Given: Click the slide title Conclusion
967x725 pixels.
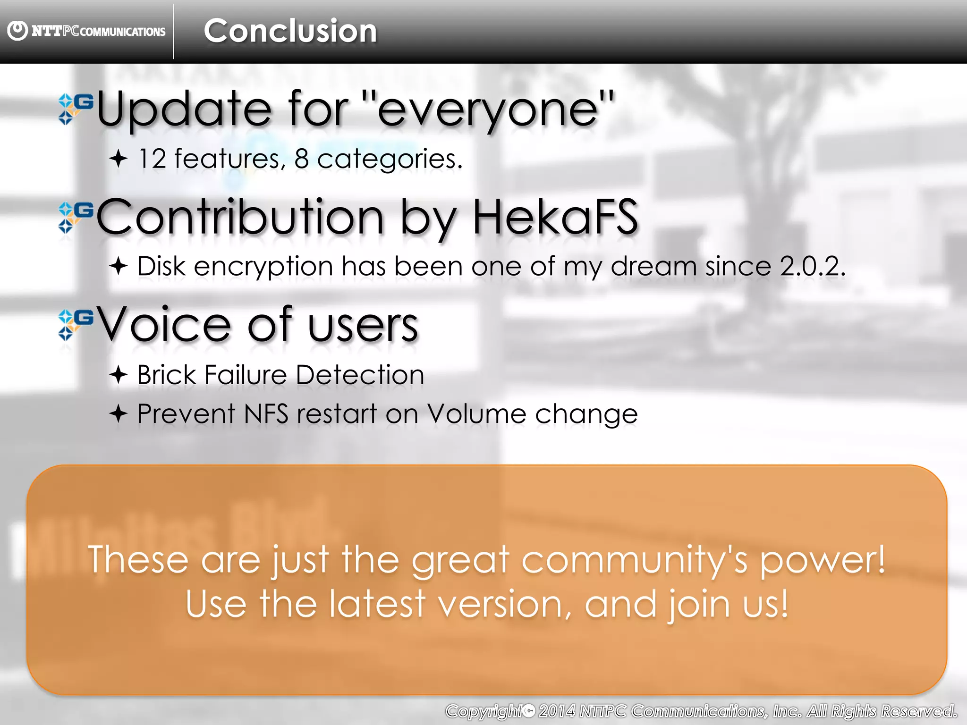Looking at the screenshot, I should click(290, 31).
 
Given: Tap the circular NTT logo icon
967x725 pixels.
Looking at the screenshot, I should click(17, 31).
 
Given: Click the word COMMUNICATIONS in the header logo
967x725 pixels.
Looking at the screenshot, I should click(123, 32).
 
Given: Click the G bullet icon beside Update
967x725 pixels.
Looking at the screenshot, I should click(76, 109).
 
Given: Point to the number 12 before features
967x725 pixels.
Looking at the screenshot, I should click(152, 159).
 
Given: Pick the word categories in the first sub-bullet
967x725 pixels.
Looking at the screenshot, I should click(390, 160).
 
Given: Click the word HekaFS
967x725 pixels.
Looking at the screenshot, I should click(555, 217).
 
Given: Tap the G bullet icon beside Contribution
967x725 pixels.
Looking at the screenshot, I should click(76, 217).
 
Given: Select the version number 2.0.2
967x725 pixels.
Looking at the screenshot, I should click(812, 266).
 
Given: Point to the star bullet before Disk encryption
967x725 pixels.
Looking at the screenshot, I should click(118, 267).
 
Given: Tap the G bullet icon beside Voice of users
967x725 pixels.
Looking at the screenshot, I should click(76, 324).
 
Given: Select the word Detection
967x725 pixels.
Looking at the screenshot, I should click(360, 375).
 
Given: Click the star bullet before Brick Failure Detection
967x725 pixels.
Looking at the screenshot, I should click(118, 375).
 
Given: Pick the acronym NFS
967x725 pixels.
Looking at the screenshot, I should click(266, 414).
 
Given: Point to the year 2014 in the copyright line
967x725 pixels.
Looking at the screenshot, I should click(557, 711).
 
